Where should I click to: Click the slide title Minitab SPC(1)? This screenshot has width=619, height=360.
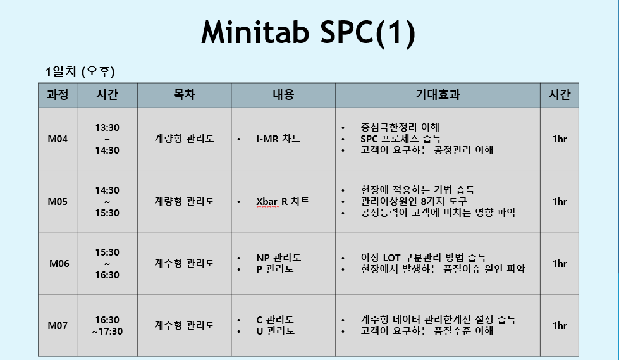pyautogui.click(x=309, y=32)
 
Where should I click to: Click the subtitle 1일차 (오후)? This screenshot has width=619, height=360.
pyautogui.click(x=80, y=71)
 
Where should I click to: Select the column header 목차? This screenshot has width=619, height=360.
pyautogui.click(x=185, y=95)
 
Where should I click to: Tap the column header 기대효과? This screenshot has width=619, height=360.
pyautogui.click(x=438, y=95)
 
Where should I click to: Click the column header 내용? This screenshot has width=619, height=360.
pyautogui.click(x=283, y=95)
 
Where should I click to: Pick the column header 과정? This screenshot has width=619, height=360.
pyautogui.click(x=58, y=95)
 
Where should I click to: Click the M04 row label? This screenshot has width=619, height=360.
pyautogui.click(x=58, y=139)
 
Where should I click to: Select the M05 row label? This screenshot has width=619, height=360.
pyautogui.click(x=58, y=202)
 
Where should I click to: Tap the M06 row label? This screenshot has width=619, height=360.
pyautogui.click(x=59, y=264)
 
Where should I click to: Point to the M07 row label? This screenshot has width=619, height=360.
pyautogui.click(x=58, y=326)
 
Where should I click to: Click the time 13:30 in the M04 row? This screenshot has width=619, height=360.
pyautogui.click(x=107, y=128)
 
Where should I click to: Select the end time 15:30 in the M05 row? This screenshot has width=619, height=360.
pyautogui.click(x=107, y=213)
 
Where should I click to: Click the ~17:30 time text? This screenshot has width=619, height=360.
pyautogui.click(x=107, y=331)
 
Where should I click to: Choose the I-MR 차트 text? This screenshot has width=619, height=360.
pyautogui.click(x=278, y=139)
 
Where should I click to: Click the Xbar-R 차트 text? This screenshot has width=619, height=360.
pyautogui.click(x=283, y=202)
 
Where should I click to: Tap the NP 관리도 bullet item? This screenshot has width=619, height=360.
pyautogui.click(x=279, y=258)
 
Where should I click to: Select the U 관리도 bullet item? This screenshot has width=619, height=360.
pyautogui.click(x=275, y=331)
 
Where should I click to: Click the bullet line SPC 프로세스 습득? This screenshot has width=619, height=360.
pyautogui.click(x=401, y=139)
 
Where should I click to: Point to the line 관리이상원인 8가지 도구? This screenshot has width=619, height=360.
pyautogui.click(x=414, y=201)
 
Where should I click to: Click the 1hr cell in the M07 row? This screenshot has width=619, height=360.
pyautogui.click(x=560, y=326)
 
